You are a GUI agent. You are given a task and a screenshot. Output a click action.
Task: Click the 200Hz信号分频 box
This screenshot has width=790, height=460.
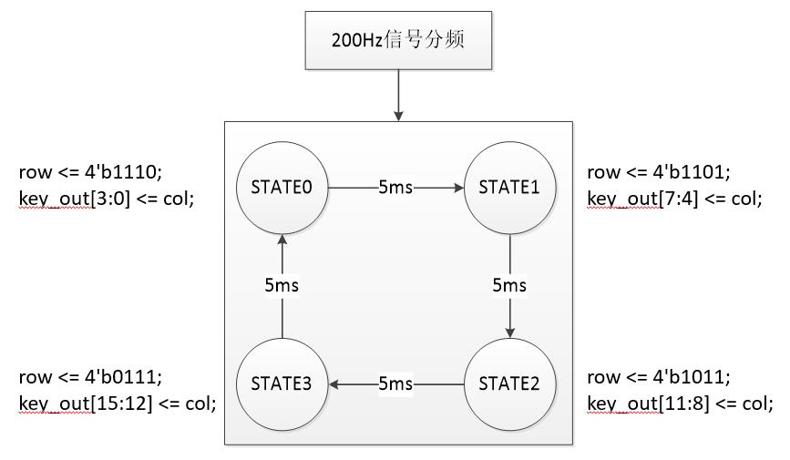[x=398, y=40]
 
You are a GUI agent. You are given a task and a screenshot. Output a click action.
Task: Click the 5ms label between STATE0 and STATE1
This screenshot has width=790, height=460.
[x=395, y=188]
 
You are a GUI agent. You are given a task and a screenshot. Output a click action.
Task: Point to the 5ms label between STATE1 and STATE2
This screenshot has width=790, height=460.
[x=509, y=285]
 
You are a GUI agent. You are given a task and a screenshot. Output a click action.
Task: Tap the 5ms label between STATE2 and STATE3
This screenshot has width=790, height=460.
[x=395, y=383]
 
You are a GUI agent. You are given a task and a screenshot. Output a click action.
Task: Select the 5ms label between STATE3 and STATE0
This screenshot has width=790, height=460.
[x=282, y=285]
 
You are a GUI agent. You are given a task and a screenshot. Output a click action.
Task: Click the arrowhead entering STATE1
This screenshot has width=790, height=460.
[x=459, y=188]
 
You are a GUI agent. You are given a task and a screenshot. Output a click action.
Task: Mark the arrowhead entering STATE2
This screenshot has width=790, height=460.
[x=510, y=332]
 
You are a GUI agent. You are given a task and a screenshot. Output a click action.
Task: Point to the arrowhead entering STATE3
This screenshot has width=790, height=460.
[x=333, y=385]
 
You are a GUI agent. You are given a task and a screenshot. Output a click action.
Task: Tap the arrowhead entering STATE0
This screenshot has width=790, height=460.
[x=282, y=240]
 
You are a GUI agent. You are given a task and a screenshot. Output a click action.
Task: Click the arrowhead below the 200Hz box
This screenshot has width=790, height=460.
[x=398, y=116]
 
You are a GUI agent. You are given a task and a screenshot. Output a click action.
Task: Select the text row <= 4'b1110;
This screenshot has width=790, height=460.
[x=91, y=172]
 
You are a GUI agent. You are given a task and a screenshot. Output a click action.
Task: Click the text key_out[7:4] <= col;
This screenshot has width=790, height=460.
[x=674, y=199]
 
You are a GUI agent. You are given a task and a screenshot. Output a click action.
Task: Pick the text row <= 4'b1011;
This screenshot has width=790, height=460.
[x=659, y=377]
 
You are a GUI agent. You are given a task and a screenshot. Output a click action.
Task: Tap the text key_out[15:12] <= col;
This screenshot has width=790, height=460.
[x=118, y=404]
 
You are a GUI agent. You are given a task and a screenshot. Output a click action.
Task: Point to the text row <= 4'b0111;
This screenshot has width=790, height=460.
[x=91, y=377]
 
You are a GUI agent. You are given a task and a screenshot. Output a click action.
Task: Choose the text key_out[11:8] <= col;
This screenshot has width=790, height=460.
[x=680, y=404]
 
